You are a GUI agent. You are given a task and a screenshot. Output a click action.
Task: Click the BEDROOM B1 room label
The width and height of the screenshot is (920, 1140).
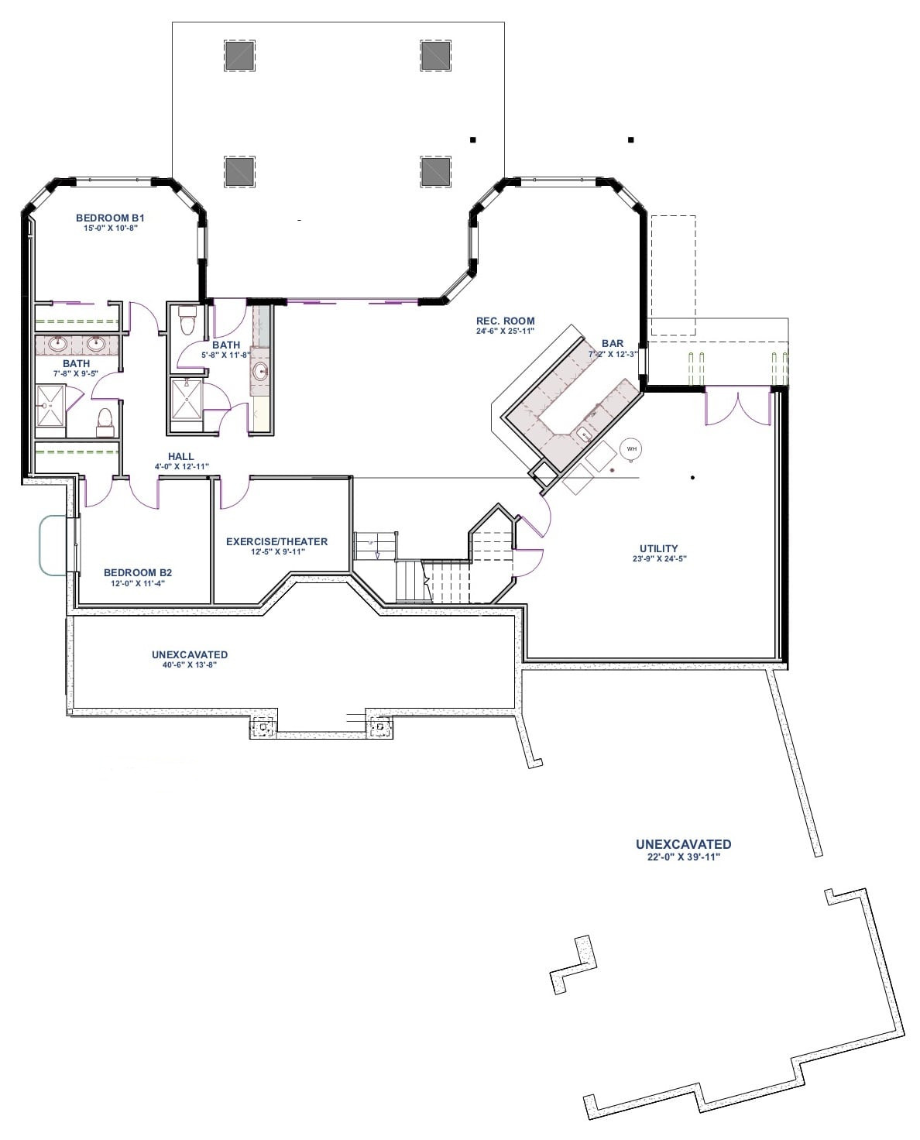(110, 218)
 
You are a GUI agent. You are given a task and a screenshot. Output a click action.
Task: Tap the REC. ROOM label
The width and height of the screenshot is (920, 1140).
(505, 321)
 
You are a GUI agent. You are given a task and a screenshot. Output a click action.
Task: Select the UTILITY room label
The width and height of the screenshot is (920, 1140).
(659, 548)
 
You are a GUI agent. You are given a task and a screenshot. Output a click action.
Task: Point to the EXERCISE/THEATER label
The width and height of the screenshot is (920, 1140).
(276, 541)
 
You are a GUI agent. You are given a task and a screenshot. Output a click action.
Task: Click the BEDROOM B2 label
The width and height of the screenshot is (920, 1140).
(138, 572)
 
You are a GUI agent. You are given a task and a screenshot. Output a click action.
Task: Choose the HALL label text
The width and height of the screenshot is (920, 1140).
(181, 456)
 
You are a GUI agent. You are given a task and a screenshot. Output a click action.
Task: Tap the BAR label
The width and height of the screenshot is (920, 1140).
(613, 344)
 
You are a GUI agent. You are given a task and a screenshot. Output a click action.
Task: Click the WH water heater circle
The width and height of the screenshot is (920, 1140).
(631, 448)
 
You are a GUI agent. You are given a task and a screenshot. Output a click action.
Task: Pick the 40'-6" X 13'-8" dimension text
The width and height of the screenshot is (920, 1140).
(190, 664)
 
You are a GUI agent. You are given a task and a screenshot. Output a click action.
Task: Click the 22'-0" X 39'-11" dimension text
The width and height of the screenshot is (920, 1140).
(684, 857)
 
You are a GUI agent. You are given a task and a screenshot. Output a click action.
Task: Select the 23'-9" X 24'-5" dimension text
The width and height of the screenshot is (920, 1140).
(659, 558)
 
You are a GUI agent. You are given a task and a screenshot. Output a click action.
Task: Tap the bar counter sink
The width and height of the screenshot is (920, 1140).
(583, 433)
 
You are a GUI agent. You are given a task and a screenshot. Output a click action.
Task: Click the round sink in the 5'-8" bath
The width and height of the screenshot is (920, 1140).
(261, 371)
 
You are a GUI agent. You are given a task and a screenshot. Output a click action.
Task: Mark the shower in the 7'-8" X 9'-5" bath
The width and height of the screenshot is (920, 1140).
(51, 405)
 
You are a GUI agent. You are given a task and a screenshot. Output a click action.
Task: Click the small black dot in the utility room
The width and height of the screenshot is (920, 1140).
(692, 477)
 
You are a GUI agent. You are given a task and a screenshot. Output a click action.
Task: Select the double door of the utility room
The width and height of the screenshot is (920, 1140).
(739, 408)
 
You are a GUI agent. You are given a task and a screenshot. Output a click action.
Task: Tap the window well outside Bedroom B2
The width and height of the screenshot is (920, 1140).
(53, 545)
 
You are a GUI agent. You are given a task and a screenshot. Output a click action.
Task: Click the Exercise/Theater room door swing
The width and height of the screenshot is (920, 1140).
(234, 493)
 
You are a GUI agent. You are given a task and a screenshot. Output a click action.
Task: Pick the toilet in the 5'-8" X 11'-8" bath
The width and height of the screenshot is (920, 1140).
(187, 320)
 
